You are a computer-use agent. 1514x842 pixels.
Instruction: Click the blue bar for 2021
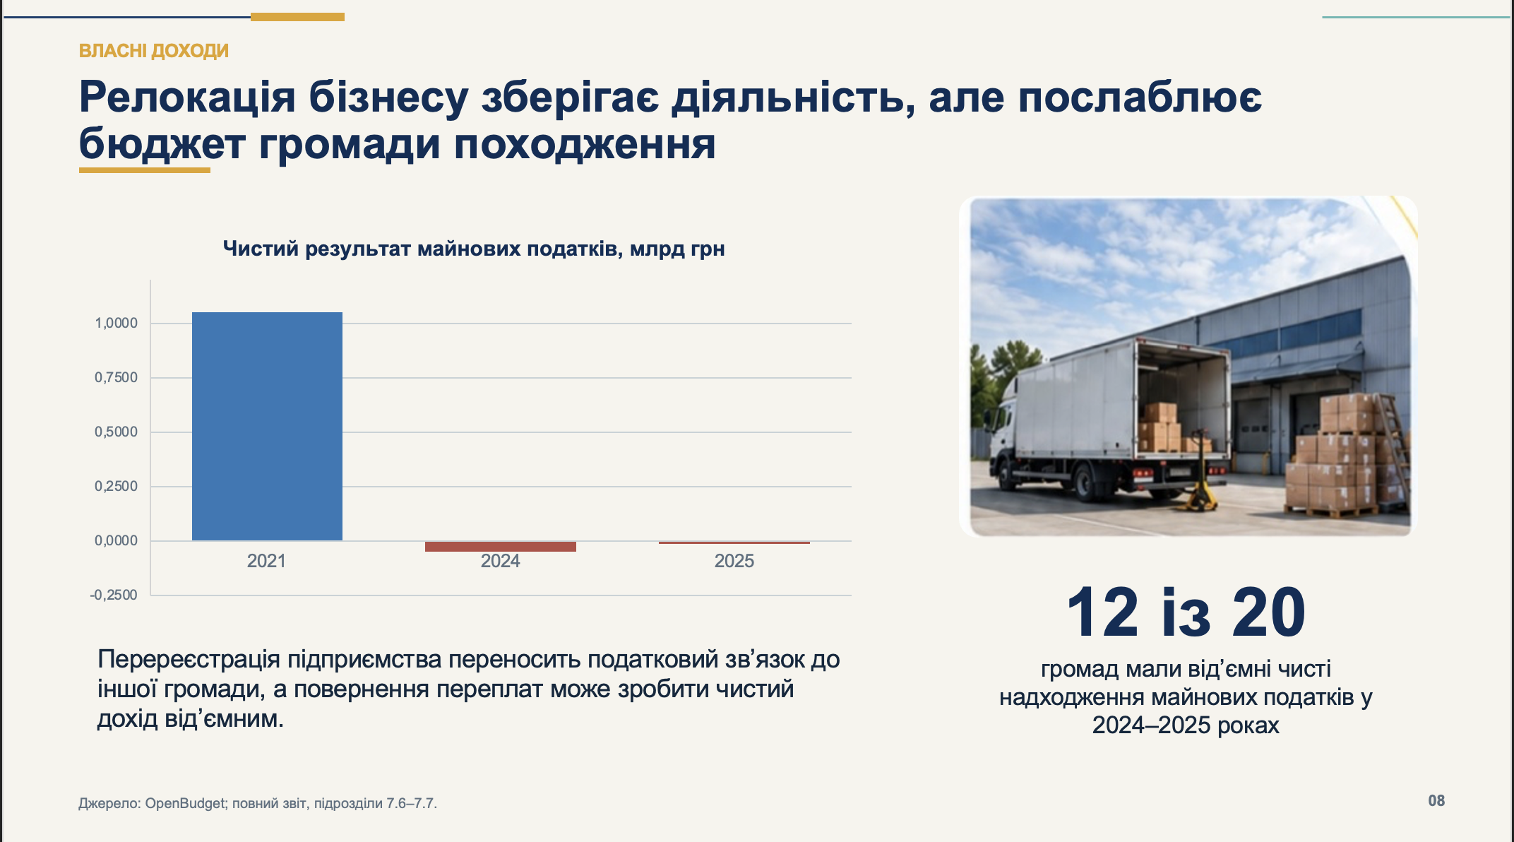click(x=267, y=426)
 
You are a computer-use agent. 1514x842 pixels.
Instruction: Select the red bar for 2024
click(x=501, y=546)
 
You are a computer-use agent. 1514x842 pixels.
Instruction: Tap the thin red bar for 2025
click(x=734, y=542)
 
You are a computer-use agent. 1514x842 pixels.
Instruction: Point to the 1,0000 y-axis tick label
click(x=117, y=323)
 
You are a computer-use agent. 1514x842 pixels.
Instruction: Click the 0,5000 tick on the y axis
click(x=117, y=432)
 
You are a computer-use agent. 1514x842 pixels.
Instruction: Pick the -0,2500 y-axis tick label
click(x=114, y=595)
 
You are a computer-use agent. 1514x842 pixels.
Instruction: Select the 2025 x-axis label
click(x=734, y=561)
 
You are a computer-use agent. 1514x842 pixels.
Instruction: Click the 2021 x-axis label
click(x=266, y=561)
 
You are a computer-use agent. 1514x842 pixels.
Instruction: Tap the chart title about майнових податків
click(x=474, y=249)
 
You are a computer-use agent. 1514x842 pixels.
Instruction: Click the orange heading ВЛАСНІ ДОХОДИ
click(x=154, y=51)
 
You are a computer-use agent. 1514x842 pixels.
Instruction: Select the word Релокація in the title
click(x=187, y=97)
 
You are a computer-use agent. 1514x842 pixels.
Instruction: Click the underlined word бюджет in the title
click(x=162, y=145)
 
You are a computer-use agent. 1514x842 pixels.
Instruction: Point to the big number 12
click(x=1102, y=612)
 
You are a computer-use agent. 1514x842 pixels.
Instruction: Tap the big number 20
click(x=1269, y=612)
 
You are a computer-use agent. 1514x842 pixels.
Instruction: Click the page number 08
click(x=1436, y=801)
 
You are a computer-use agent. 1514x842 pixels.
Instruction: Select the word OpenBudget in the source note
click(x=185, y=803)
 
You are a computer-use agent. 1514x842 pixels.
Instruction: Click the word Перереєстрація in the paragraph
click(x=189, y=659)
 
